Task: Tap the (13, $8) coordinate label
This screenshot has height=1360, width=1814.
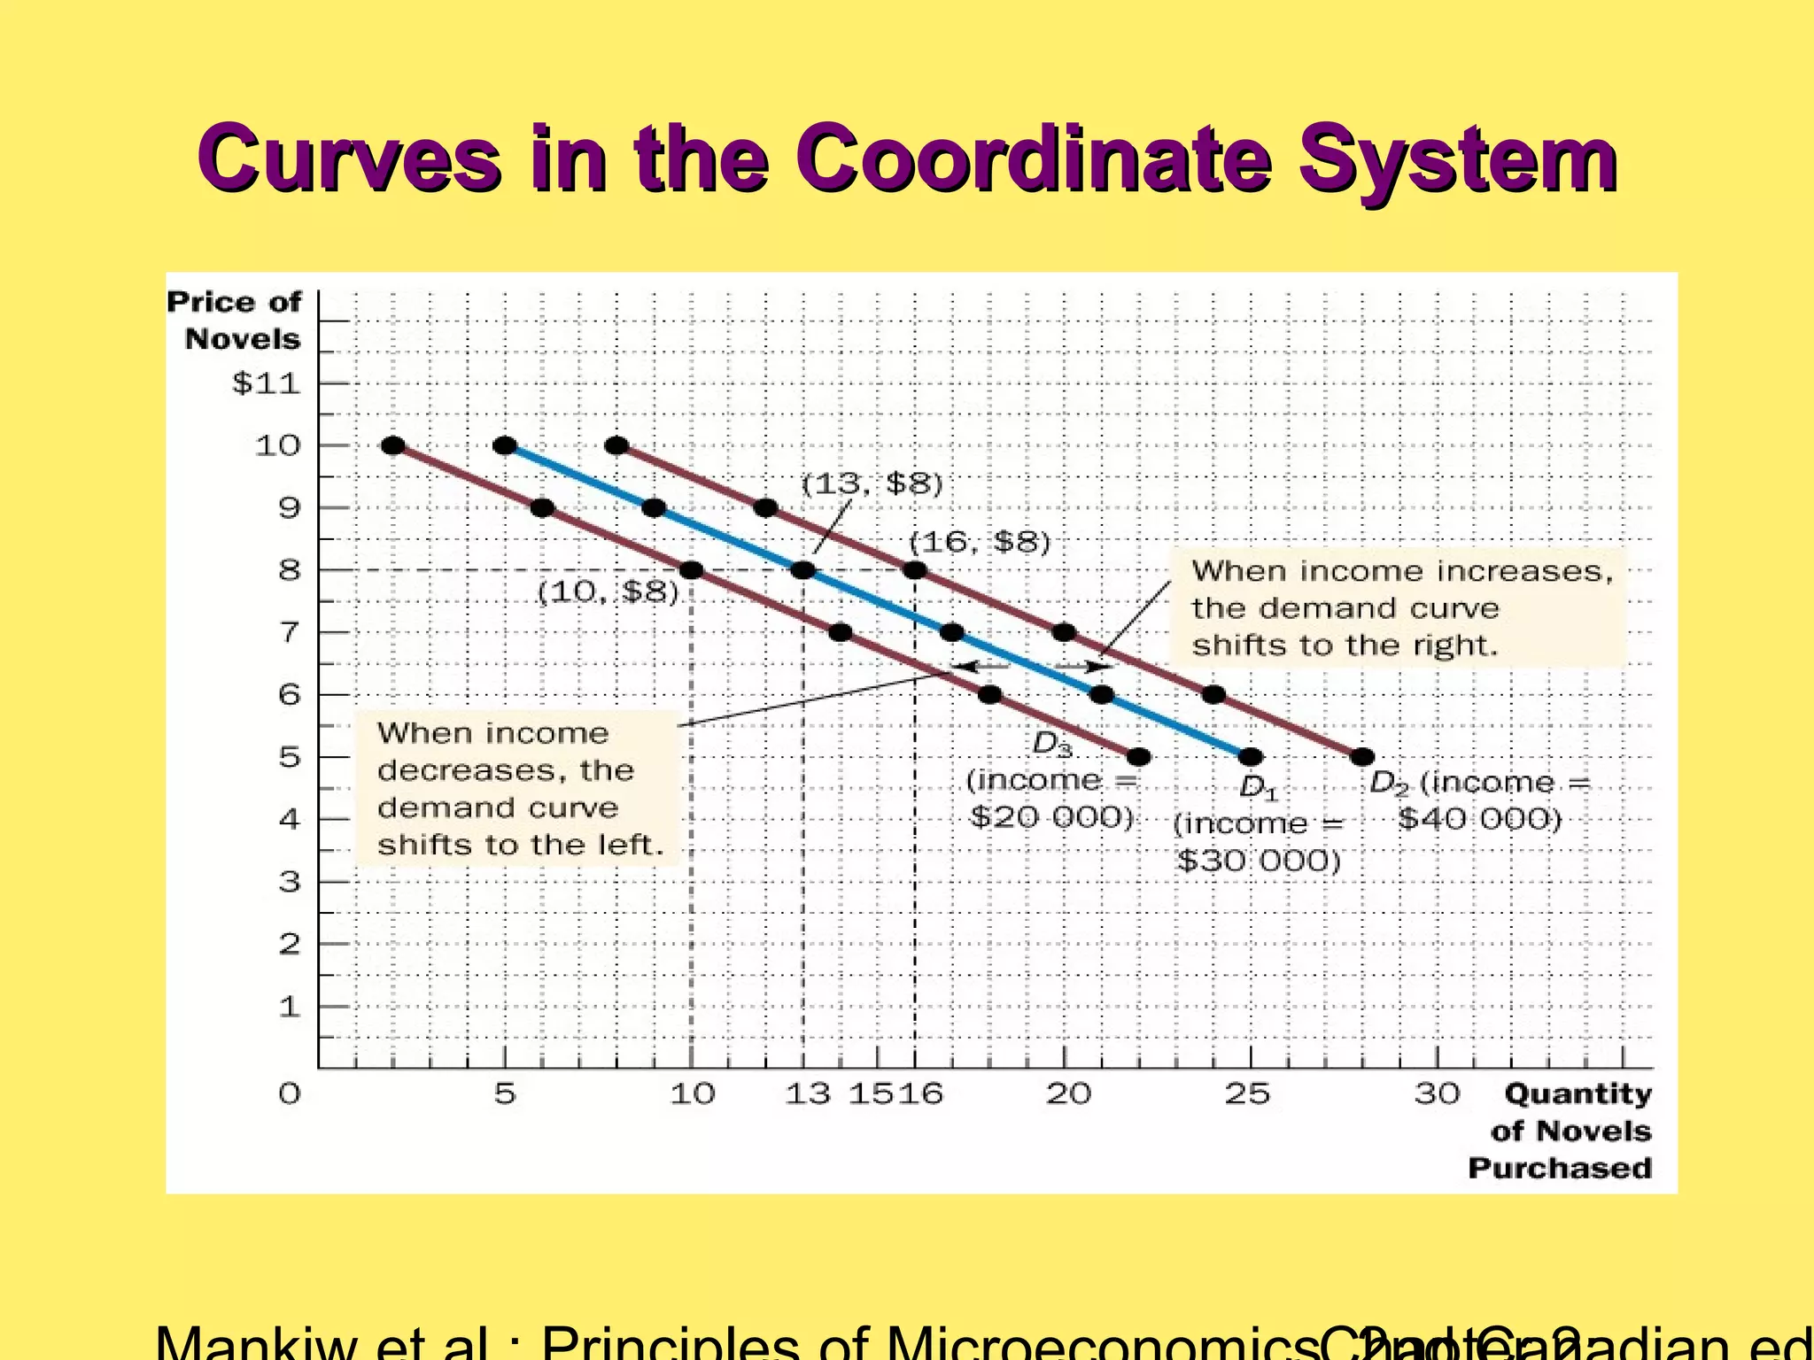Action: point(872,484)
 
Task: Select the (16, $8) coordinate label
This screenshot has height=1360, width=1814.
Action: point(980,541)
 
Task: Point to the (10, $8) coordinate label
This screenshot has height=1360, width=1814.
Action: point(608,591)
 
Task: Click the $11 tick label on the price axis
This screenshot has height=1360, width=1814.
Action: point(266,383)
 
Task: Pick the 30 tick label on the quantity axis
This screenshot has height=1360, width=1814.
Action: point(1437,1094)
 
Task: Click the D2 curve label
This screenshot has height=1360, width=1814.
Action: point(1389,783)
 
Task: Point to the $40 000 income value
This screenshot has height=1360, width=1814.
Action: point(1479,819)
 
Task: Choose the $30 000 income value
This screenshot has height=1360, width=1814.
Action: point(1259,861)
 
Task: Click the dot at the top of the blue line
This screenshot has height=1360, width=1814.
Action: point(505,445)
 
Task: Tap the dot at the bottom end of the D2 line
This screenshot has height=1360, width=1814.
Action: point(1363,757)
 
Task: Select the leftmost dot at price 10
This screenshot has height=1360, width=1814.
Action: point(393,445)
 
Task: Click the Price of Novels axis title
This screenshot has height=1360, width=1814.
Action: point(235,321)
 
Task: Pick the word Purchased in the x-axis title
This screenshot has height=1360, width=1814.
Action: point(1560,1168)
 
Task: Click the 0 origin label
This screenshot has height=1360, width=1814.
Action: point(290,1094)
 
